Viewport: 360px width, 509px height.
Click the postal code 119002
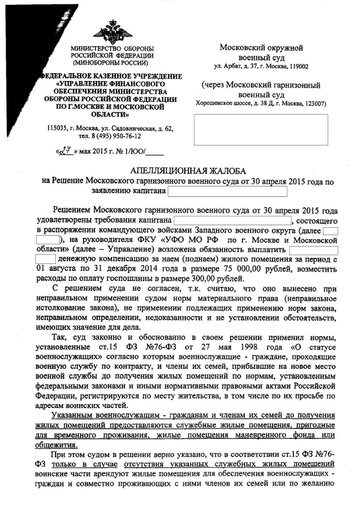[x=297, y=67]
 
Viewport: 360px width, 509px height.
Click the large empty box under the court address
[x=261, y=131]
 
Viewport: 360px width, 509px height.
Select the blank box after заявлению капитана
[x=227, y=191]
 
